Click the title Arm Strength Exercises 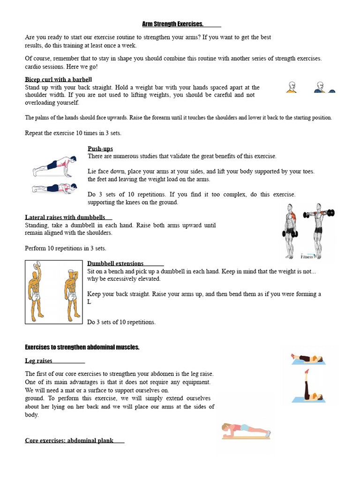pos(172,24)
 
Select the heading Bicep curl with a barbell pos(58,79)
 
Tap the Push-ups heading pos(100,149)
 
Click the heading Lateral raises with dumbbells pos(65,217)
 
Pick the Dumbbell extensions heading pos(115,263)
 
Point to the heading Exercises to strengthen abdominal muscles pos(82,347)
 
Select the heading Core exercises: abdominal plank pos(69,441)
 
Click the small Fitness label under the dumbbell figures pos(307,256)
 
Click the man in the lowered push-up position pos(52,188)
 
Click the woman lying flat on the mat pos(307,359)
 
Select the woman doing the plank pos(246,430)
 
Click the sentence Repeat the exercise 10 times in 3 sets pos(73,133)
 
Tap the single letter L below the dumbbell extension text pos(89,302)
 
